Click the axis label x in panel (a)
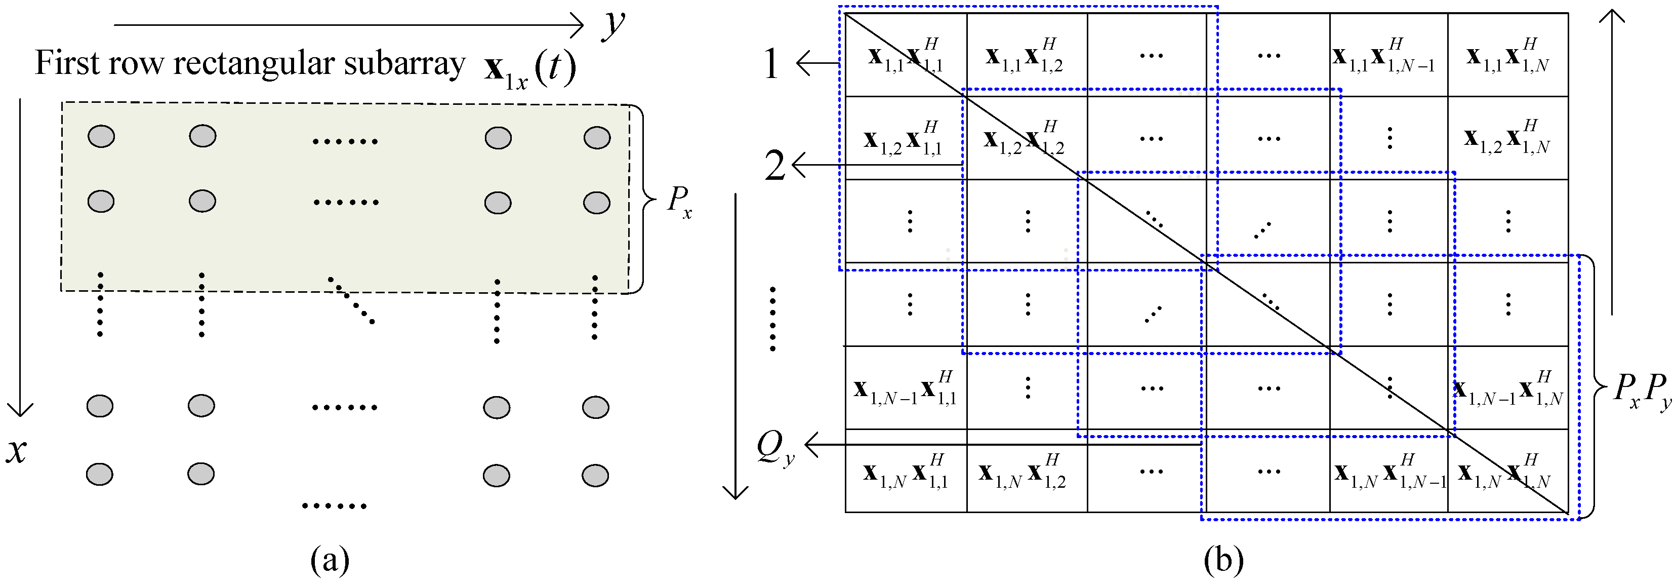[x=17, y=450]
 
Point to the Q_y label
[x=775, y=448]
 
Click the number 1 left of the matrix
[x=771, y=64]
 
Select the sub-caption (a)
[x=330, y=559]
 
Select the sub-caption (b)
[x=1223, y=559]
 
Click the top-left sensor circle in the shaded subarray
[x=101, y=137]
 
